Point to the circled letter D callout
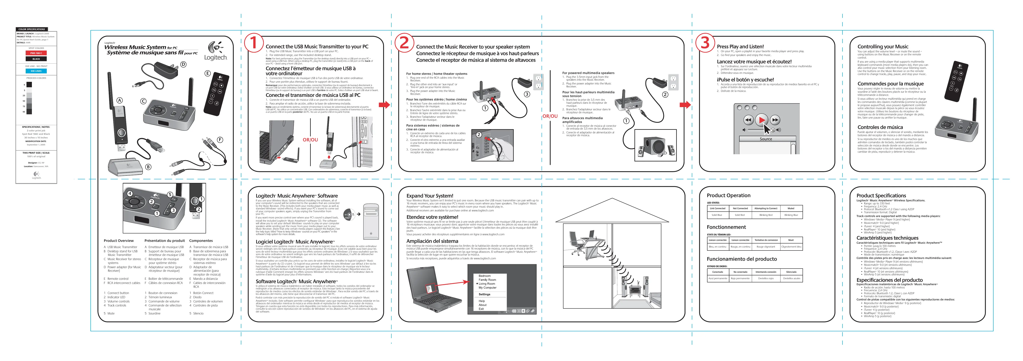(x=183, y=64)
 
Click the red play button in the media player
(x=761, y=120)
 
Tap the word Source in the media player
(x=766, y=139)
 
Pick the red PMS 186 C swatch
(x=36, y=53)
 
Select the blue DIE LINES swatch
(x=36, y=71)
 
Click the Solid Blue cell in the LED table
(x=717, y=215)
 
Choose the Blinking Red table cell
(x=766, y=215)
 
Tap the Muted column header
(x=791, y=208)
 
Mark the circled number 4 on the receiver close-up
(x=129, y=193)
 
